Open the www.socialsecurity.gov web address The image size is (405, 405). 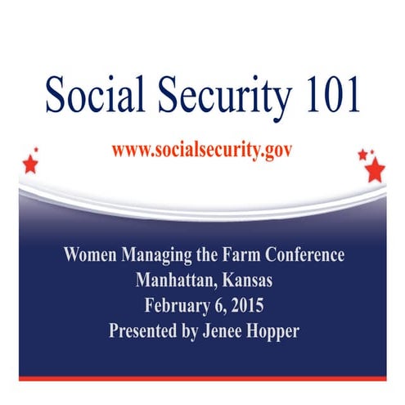[202, 151]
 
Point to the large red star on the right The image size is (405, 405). [375, 169]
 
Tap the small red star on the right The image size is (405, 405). [362, 154]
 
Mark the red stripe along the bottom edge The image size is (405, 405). [202, 378]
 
